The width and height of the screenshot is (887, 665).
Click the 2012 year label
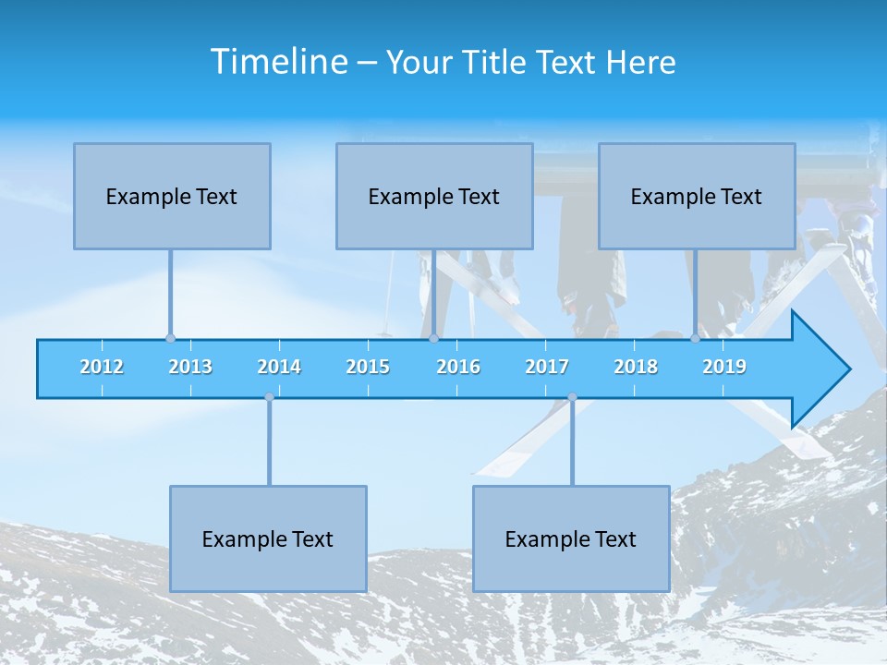[102, 367]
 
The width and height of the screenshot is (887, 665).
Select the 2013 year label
[190, 367]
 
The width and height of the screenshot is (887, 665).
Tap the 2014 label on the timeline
[279, 367]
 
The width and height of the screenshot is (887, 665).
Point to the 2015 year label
[368, 367]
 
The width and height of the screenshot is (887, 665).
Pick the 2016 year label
[458, 367]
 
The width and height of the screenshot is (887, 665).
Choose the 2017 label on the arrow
[547, 367]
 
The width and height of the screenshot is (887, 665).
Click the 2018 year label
[636, 367]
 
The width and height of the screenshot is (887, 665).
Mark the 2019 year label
[724, 367]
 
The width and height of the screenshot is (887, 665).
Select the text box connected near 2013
[172, 196]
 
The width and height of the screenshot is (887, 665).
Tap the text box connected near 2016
[434, 196]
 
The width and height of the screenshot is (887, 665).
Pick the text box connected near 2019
[697, 196]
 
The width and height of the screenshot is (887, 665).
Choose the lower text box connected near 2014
[268, 538]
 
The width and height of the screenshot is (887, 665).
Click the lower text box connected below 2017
[571, 538]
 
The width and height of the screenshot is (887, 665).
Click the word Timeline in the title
[278, 61]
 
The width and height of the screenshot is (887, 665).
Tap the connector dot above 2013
[170, 339]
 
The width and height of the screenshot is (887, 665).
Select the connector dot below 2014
[269, 397]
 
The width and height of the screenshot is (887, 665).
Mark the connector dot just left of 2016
[433, 339]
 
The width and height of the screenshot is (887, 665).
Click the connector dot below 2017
[572, 397]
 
